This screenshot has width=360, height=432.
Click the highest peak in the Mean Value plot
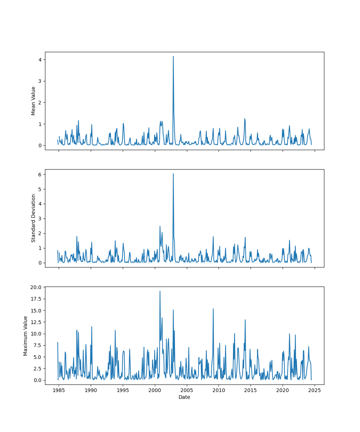click(x=173, y=57)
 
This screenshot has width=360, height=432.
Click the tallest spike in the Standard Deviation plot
click(x=173, y=174)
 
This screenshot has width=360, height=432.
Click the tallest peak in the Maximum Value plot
click(x=160, y=291)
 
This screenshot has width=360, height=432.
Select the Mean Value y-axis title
click(x=33, y=101)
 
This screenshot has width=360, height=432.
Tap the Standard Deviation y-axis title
click(x=33, y=218)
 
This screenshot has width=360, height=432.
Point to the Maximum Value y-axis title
click(x=26, y=336)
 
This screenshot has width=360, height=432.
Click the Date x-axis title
click(x=184, y=397)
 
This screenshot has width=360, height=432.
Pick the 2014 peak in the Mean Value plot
click(x=245, y=119)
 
